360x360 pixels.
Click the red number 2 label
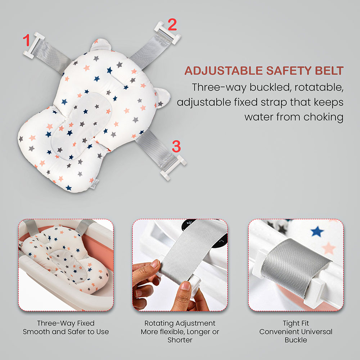click(x=172, y=24)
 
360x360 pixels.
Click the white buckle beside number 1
click(x=34, y=45)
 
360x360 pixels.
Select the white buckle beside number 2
click(x=168, y=33)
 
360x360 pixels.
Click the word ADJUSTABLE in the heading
click(x=224, y=71)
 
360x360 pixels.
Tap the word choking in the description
click(x=324, y=117)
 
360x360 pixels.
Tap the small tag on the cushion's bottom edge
click(x=94, y=184)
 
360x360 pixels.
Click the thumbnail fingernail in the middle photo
click(x=185, y=285)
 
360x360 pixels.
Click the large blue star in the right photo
click(x=317, y=231)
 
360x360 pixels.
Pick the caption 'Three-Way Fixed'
click(x=66, y=323)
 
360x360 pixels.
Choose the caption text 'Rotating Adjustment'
click(x=180, y=323)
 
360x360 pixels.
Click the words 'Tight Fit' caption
click(x=296, y=323)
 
